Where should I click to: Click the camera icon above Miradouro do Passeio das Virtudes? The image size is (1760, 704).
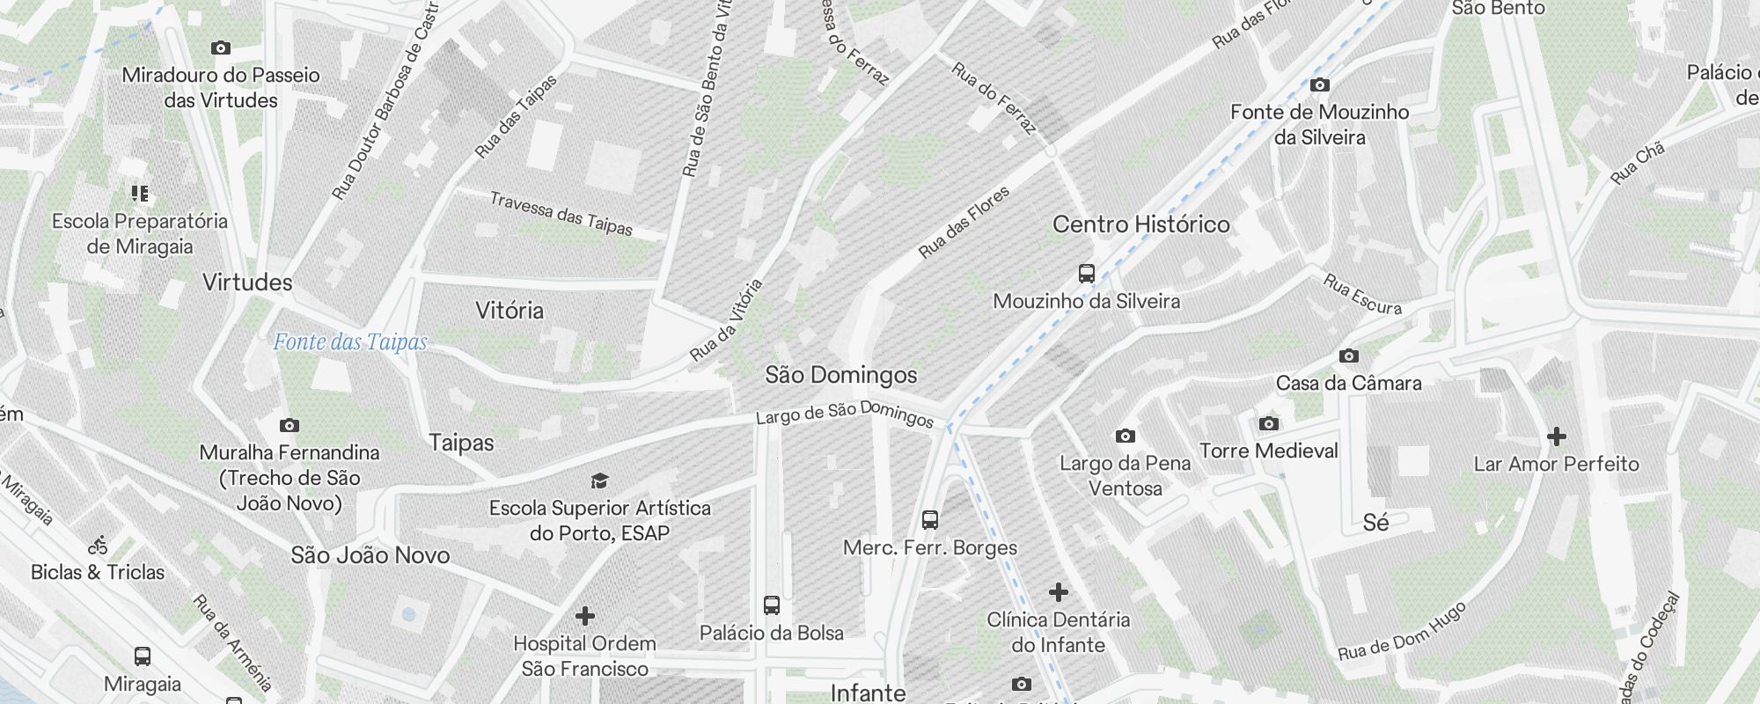pyautogui.click(x=221, y=48)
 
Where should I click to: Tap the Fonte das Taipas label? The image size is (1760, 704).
pyautogui.click(x=349, y=342)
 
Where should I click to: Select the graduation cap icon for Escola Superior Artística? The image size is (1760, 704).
pyautogui.click(x=599, y=480)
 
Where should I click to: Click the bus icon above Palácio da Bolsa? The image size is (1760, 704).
pyautogui.click(x=772, y=605)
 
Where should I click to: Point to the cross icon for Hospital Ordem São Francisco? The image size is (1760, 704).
pyautogui.click(x=585, y=616)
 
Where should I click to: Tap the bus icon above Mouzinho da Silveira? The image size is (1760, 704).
pyautogui.click(x=1087, y=274)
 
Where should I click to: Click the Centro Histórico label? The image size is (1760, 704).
pyautogui.click(x=1140, y=224)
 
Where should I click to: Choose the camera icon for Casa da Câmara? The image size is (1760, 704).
pyautogui.click(x=1349, y=356)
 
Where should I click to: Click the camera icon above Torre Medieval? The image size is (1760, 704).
pyautogui.click(x=1268, y=424)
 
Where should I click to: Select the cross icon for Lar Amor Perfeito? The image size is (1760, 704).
pyautogui.click(x=1557, y=436)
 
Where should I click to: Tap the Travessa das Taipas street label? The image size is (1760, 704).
pyautogui.click(x=561, y=214)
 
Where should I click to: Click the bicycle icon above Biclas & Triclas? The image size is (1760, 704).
pyautogui.click(x=98, y=546)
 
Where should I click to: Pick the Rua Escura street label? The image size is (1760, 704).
pyautogui.click(x=1362, y=294)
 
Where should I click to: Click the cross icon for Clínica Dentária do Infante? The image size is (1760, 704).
pyautogui.click(x=1059, y=592)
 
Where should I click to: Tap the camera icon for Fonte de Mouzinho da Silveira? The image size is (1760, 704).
pyautogui.click(x=1320, y=85)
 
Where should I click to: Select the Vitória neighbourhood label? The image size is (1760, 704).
pyautogui.click(x=510, y=311)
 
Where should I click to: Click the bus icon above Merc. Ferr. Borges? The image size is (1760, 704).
pyautogui.click(x=930, y=520)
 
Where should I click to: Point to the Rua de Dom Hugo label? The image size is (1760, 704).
pyautogui.click(x=1402, y=631)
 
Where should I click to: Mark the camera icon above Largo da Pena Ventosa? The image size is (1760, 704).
pyautogui.click(x=1125, y=436)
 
